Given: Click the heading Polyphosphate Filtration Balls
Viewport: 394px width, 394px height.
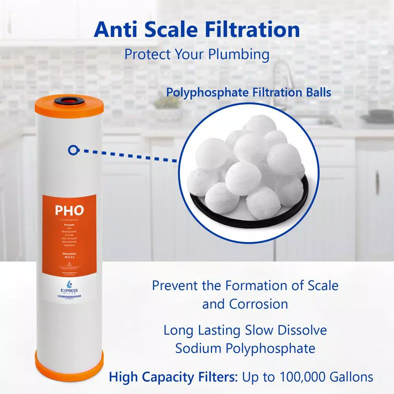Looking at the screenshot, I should (x=249, y=93).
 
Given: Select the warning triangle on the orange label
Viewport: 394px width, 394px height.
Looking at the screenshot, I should (x=69, y=263).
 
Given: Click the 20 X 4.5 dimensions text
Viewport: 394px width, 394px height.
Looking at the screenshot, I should (x=69, y=256).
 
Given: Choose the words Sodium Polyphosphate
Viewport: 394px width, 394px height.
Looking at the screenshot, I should (x=245, y=348).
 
